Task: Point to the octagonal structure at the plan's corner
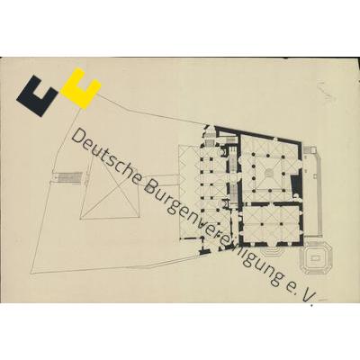tap(316, 257)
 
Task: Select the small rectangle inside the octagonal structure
tap(316, 257)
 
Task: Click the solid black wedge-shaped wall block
tap(295, 184)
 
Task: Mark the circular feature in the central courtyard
tap(269, 173)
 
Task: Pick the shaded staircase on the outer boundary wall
tap(70, 177)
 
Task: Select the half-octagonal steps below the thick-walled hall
tap(273, 251)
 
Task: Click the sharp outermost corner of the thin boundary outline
tap(31, 274)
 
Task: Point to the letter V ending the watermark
tap(308, 294)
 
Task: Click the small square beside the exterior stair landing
tap(313, 149)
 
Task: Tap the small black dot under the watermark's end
tap(312, 305)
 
